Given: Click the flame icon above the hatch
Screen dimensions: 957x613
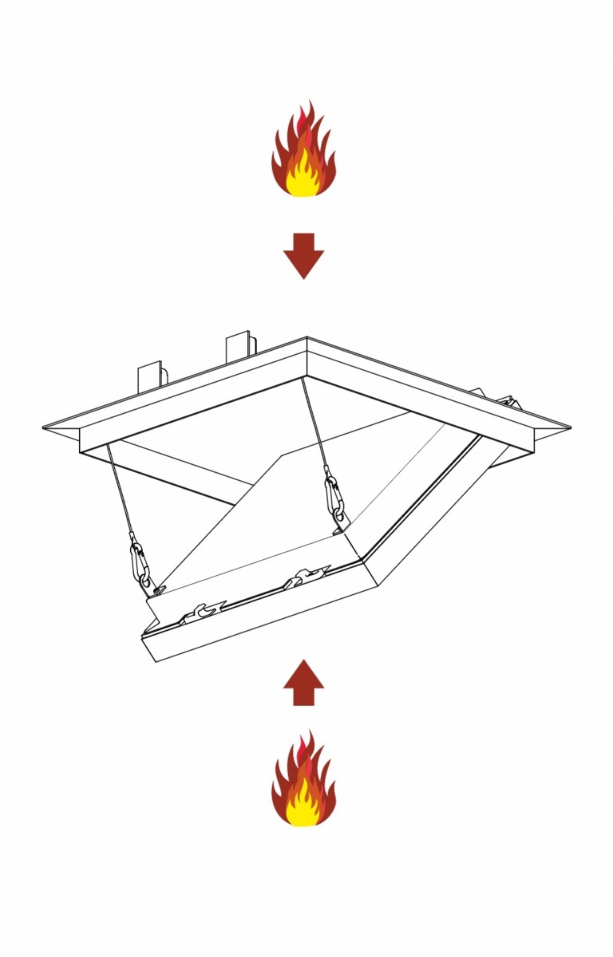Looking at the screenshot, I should pyautogui.click(x=303, y=152).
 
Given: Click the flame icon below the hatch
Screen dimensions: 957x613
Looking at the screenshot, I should pyautogui.click(x=303, y=782).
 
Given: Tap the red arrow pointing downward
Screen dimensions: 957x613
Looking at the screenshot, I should pyautogui.click(x=303, y=255).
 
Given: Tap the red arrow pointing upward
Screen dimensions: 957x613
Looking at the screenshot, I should pyautogui.click(x=303, y=683).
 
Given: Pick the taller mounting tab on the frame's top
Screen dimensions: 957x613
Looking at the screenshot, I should pyautogui.click(x=239, y=346).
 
